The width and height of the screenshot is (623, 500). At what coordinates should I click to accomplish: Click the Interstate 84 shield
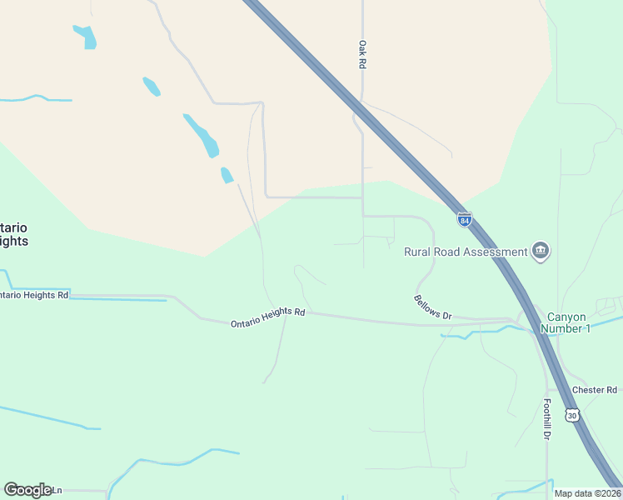pos(465,219)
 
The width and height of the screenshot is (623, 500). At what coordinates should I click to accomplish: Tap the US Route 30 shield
pos(571,414)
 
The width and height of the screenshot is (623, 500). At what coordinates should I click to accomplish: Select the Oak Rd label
pos(362,55)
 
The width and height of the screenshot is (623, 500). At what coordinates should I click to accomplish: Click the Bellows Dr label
pos(432,307)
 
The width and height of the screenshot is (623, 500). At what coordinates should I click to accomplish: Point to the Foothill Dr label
pos(547,419)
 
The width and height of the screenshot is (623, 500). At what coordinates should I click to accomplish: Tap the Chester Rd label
pos(594,390)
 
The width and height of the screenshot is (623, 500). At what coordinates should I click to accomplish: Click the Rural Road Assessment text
pos(466,252)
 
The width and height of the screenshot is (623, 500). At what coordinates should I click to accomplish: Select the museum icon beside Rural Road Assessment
pos(541,251)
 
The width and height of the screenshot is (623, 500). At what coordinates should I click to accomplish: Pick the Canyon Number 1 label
pos(568,322)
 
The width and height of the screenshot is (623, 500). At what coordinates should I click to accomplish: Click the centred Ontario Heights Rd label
pos(268,317)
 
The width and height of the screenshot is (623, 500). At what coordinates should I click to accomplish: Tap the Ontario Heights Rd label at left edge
pos(34,295)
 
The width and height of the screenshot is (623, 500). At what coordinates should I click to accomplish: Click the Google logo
pos(27,490)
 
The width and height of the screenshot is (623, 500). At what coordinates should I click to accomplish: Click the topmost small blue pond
pos(85,37)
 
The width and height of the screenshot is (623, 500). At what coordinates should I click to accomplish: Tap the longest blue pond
pos(202,136)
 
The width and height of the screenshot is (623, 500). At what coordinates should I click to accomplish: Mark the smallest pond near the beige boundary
pos(227,175)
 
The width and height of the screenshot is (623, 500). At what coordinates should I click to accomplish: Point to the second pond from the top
pos(152,86)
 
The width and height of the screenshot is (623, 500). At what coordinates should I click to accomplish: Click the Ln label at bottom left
pos(57,490)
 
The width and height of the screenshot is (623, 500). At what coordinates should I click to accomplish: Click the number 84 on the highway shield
pos(465,220)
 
